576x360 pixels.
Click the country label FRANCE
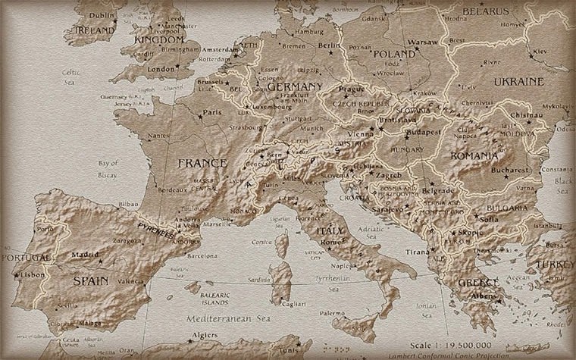pos(202,163)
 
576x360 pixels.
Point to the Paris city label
pos(213,113)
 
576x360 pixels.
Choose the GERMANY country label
pos(295,87)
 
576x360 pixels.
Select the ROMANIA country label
pos(474,155)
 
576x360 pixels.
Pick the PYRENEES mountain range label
pos(161,230)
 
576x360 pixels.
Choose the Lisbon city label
pos(33,275)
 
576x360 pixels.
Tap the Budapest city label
pos(423,131)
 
